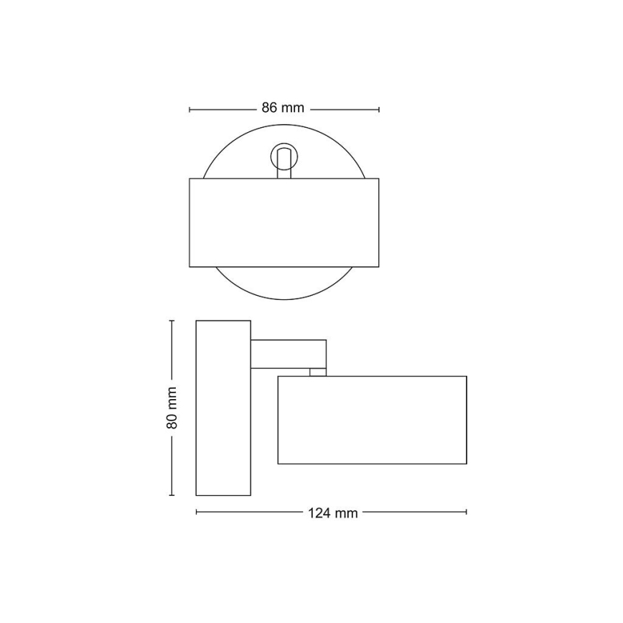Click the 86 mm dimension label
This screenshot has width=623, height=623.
point(283,108)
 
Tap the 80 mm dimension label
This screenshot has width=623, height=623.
point(172,408)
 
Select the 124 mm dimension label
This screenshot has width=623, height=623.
point(332,512)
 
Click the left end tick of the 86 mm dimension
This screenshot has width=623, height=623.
point(189,109)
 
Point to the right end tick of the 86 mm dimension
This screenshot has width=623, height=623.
point(379,109)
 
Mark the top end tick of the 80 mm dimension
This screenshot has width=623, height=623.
point(172,321)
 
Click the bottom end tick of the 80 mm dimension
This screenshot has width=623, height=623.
point(172,495)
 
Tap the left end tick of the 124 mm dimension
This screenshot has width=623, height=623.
point(197,512)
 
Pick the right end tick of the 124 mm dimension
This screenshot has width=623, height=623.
point(467,512)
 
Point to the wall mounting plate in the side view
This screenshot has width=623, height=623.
point(223,408)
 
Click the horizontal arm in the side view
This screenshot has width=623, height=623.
point(288,354)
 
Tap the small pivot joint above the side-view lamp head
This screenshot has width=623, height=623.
point(316,372)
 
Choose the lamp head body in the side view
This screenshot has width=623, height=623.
point(372,419)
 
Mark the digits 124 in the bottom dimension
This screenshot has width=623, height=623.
point(320,512)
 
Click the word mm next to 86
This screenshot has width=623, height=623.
point(293,108)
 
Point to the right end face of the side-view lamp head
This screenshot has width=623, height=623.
point(466,419)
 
